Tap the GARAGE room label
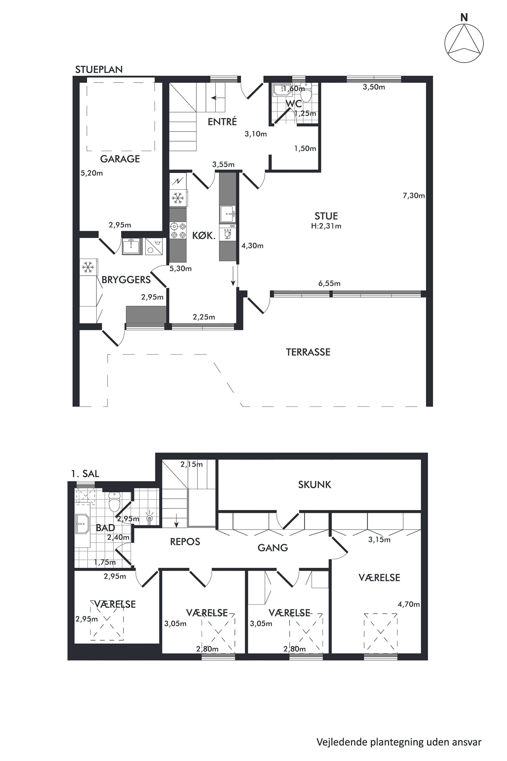120,159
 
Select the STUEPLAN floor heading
99,70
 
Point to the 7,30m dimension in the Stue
413,195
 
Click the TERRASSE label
308,352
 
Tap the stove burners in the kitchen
178,230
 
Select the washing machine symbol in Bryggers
154,247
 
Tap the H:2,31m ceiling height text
326,226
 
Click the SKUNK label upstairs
315,484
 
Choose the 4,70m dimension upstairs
409,604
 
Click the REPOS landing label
185,542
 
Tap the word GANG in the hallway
273,547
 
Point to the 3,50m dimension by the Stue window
374,87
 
